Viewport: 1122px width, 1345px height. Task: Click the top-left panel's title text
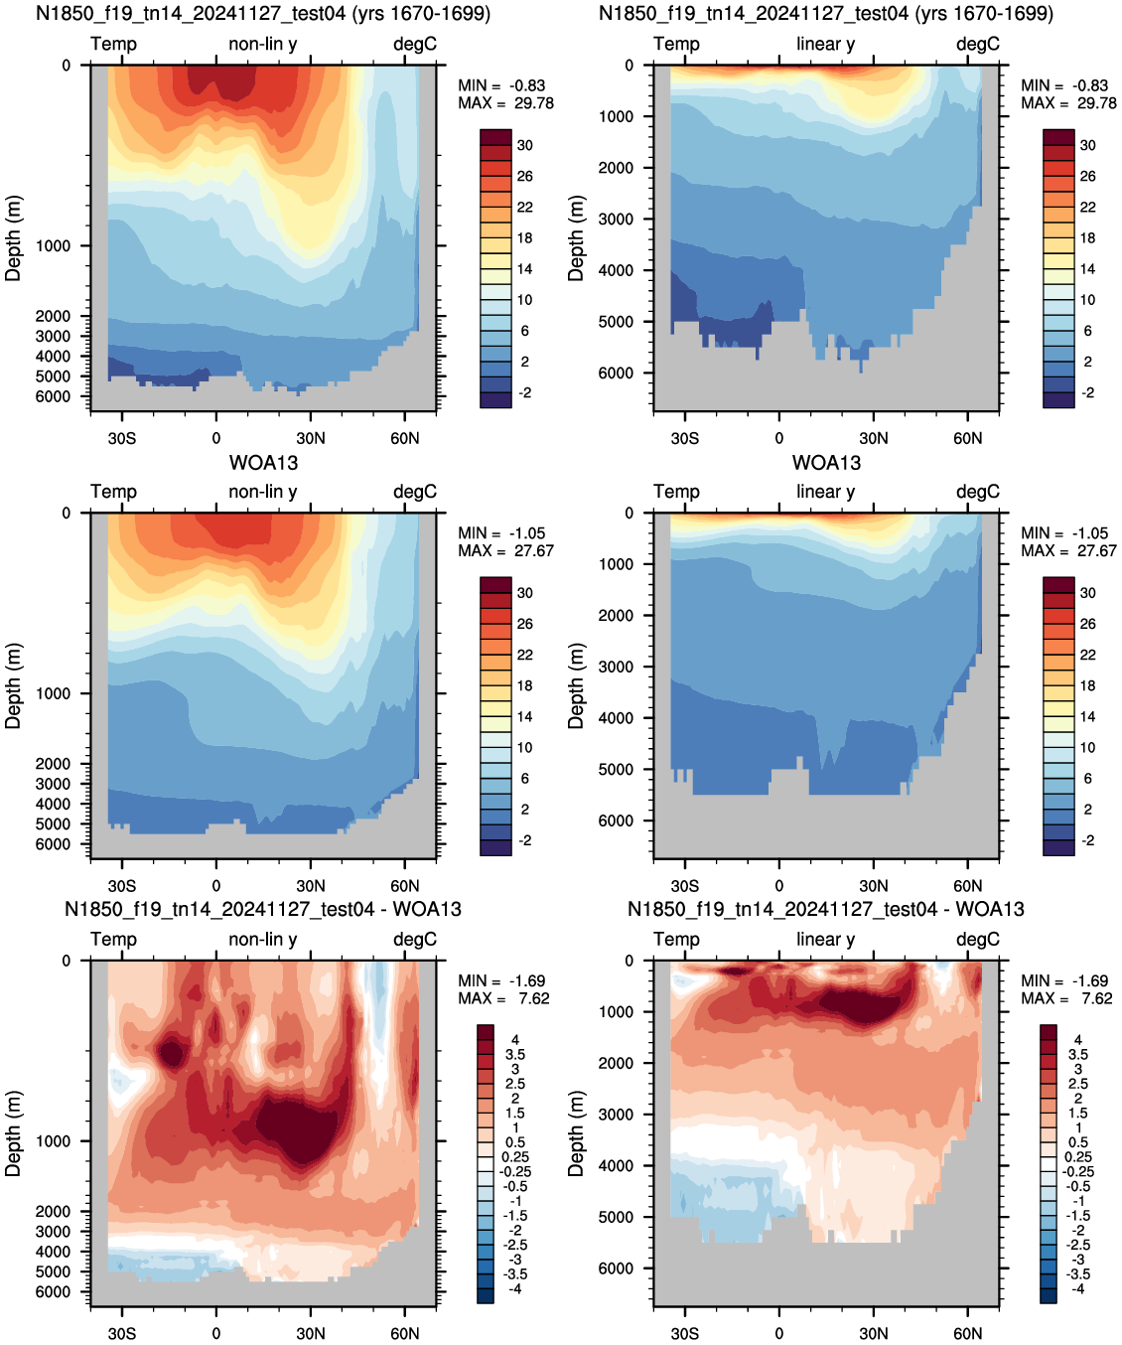pos(263,13)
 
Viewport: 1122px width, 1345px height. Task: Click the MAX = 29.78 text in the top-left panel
pos(505,103)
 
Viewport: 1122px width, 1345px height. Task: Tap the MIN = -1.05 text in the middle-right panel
pos(1064,533)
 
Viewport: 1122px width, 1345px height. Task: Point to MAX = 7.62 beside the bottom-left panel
pos(503,998)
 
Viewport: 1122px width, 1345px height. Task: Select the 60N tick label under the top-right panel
pos(967,439)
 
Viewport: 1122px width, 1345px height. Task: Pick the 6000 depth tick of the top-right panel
pos(616,373)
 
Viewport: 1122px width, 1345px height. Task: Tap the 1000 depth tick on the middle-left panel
pos(53,693)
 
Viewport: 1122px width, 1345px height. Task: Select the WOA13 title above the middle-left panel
pos(263,463)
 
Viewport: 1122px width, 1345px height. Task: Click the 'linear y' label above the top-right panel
pos(826,44)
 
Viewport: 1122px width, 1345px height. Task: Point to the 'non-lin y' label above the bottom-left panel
pos(263,939)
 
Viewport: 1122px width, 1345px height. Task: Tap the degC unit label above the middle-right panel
pos(978,492)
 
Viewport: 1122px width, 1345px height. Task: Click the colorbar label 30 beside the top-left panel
pos(525,146)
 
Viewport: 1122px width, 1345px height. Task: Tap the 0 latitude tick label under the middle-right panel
pos(779,886)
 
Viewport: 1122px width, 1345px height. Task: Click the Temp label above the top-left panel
pos(113,44)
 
